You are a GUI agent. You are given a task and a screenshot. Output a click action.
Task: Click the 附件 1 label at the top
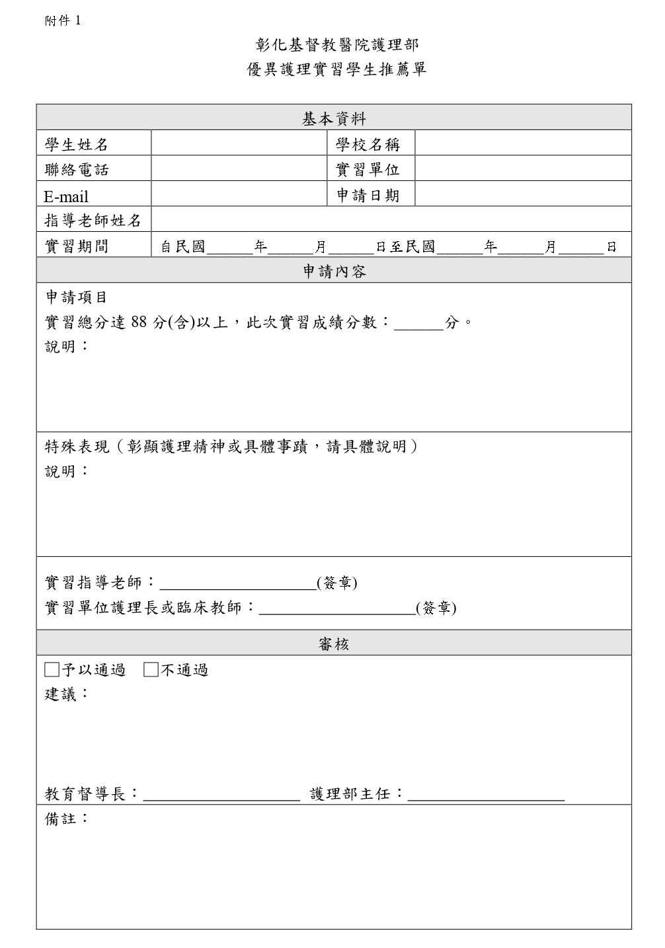(62, 20)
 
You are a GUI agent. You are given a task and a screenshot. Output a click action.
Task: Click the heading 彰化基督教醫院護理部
(336, 45)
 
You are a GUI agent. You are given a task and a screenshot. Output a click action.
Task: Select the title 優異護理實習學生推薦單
(336, 69)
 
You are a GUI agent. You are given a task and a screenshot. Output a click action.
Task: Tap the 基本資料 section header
(334, 119)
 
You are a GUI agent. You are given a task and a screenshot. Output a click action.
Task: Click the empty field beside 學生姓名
(239, 143)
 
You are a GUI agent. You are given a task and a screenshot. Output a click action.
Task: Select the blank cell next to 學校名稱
(523, 143)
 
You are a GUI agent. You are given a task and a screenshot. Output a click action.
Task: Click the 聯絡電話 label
(77, 170)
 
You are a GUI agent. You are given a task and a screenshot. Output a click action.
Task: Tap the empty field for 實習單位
(523, 169)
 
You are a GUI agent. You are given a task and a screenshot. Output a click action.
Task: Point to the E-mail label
(66, 196)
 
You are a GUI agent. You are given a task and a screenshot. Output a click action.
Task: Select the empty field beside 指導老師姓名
(391, 220)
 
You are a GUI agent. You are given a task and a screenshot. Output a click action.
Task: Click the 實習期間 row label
(77, 246)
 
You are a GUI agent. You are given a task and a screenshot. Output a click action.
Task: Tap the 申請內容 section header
(334, 272)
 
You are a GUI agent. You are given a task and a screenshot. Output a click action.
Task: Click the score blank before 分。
(418, 324)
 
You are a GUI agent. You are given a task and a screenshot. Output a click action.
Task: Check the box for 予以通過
(52, 670)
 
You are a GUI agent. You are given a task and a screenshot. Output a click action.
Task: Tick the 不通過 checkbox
(151, 670)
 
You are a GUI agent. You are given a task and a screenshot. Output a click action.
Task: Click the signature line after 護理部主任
(486, 795)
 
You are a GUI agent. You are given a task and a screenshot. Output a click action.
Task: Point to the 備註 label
(66, 819)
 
